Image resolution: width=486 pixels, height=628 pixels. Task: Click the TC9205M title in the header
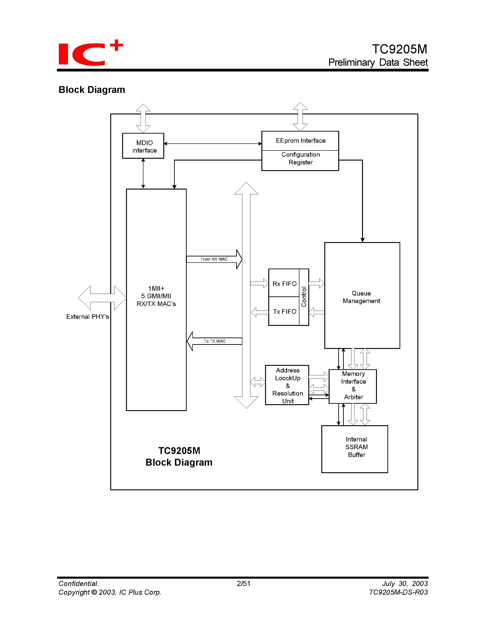coord(399,49)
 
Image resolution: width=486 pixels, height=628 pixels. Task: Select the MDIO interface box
coord(143,146)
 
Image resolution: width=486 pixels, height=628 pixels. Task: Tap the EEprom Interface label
coord(300,141)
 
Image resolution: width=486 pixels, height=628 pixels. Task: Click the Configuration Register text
coord(300,158)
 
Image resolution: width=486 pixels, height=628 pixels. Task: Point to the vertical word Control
coord(304,297)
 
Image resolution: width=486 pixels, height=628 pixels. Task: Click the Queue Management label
coord(361,297)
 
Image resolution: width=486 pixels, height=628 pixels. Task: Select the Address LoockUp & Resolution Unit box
coord(287,385)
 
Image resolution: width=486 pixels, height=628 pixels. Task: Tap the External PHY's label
coord(88,317)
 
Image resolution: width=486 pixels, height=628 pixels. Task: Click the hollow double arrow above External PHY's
coord(102,298)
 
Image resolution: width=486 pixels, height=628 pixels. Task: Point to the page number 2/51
coord(243,583)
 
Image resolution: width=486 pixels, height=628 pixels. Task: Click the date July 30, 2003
coord(405,583)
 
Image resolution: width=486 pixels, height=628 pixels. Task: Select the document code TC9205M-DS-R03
coord(398,592)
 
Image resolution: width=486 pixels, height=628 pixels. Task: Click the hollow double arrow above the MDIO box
coord(143,118)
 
